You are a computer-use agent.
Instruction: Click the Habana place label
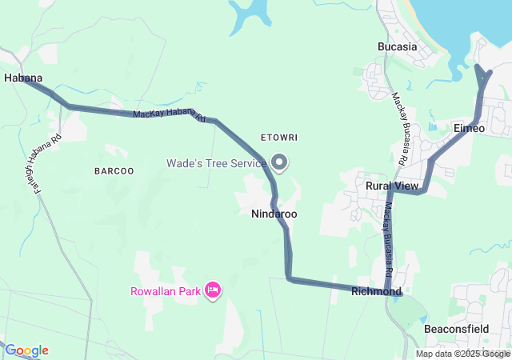tap(23, 78)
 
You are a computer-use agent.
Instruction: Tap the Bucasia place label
tap(398, 46)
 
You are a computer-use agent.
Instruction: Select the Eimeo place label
tap(469, 128)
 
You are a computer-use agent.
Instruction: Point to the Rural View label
tap(392, 186)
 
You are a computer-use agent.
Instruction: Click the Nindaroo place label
tap(274, 214)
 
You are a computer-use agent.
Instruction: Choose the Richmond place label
tap(376, 292)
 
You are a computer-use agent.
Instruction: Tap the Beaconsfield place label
tap(457, 329)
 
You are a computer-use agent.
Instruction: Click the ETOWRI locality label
tap(279, 138)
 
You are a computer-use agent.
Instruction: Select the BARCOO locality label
tap(114, 171)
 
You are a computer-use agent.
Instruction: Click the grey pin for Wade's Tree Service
tap(279, 162)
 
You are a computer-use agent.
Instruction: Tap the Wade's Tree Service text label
tap(216, 163)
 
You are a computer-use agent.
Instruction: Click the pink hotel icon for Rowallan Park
tap(213, 290)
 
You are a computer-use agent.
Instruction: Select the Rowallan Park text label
tap(166, 291)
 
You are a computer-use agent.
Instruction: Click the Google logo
tap(26, 350)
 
